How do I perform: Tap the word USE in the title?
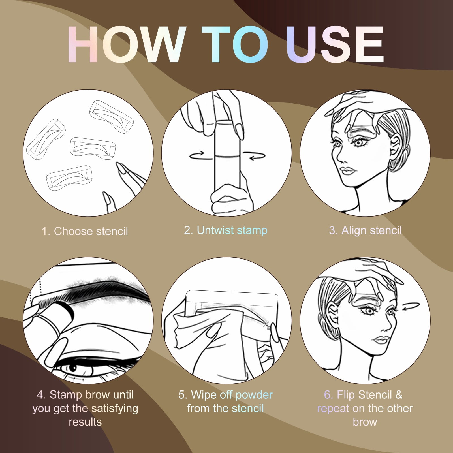point(335,44)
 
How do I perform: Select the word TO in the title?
point(235,44)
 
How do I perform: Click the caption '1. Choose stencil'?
point(85,231)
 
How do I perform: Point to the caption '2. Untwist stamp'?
point(226,230)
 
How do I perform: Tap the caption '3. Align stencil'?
point(365,230)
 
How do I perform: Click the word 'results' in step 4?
point(85,422)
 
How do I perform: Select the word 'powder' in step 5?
point(254,395)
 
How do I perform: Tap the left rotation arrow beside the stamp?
point(197,155)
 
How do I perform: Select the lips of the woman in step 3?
point(347,171)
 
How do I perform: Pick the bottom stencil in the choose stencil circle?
point(69,178)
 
